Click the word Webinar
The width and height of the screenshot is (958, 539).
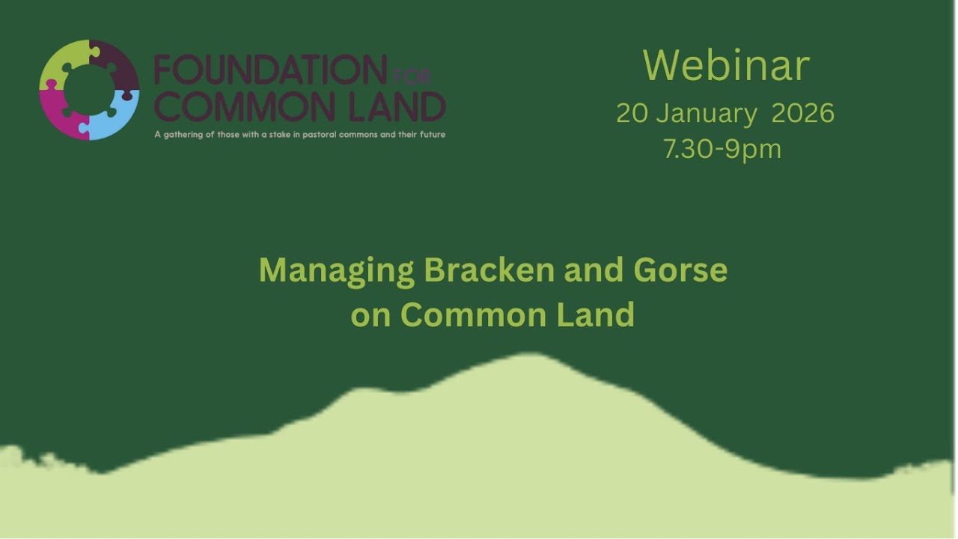pos(726,66)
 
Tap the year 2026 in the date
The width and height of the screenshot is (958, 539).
pos(802,113)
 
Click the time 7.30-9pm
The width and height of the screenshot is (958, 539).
pos(722,149)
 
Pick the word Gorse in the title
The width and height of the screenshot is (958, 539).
pos(680,269)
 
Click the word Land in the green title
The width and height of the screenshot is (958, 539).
pos(595,314)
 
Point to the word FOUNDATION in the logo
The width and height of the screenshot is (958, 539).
pos(270,71)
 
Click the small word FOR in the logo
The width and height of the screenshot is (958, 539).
pos(411,77)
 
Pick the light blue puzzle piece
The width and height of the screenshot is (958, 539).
pos(116,116)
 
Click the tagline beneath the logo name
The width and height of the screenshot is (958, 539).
pos(299,135)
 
